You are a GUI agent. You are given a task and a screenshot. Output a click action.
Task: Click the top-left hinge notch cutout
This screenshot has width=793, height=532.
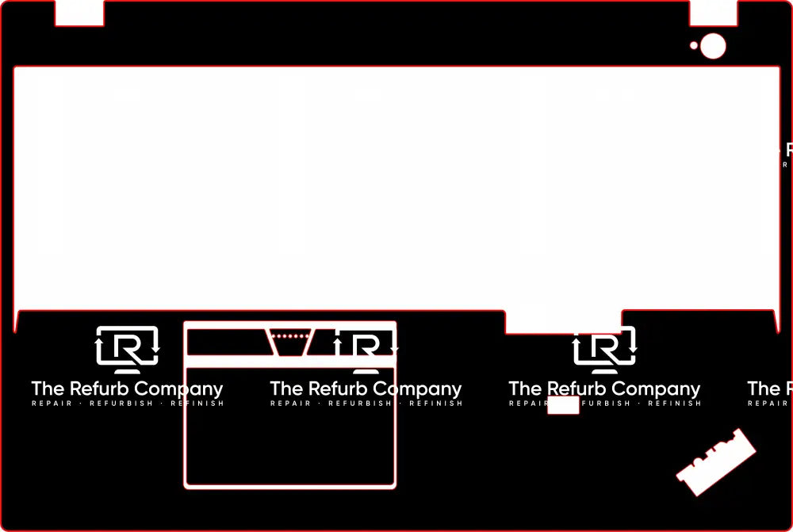tap(79, 13)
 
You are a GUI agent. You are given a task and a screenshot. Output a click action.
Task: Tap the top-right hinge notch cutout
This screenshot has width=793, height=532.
tap(713, 13)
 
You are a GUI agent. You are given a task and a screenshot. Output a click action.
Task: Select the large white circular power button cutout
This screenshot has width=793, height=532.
tap(714, 46)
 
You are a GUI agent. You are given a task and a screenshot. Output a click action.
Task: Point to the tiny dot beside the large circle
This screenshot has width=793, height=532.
tap(694, 46)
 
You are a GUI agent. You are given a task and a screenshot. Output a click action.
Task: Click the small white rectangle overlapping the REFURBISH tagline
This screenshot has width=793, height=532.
tap(563, 405)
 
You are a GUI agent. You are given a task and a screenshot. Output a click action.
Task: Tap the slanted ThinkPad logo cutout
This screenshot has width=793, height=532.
tap(715, 461)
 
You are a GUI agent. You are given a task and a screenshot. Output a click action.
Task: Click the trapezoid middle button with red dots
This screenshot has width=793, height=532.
tap(290, 341)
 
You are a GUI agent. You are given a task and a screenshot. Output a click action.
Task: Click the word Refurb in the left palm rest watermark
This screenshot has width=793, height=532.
tap(99, 388)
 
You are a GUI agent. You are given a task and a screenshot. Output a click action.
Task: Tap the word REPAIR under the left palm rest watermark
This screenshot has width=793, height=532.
tap(52, 404)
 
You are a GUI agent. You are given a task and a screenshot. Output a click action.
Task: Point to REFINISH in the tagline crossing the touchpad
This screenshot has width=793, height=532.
tap(437, 404)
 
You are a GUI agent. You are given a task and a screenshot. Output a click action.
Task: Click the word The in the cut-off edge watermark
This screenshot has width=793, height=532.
tap(764, 388)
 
